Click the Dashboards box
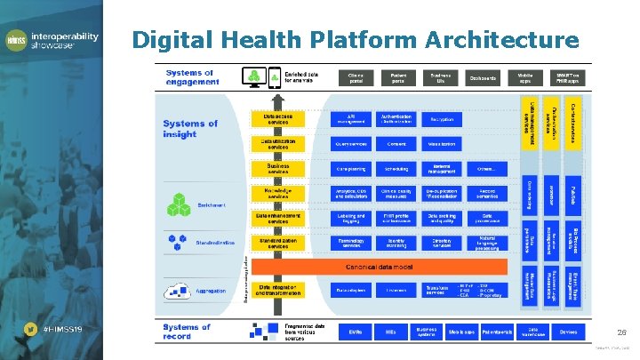pos(484,78)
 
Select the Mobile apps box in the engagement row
pos(526,78)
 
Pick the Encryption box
pos(440,119)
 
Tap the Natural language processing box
pos(486,242)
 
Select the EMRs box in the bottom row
pos(354,332)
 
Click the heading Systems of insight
pos(190,128)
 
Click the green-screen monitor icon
pos(255,77)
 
